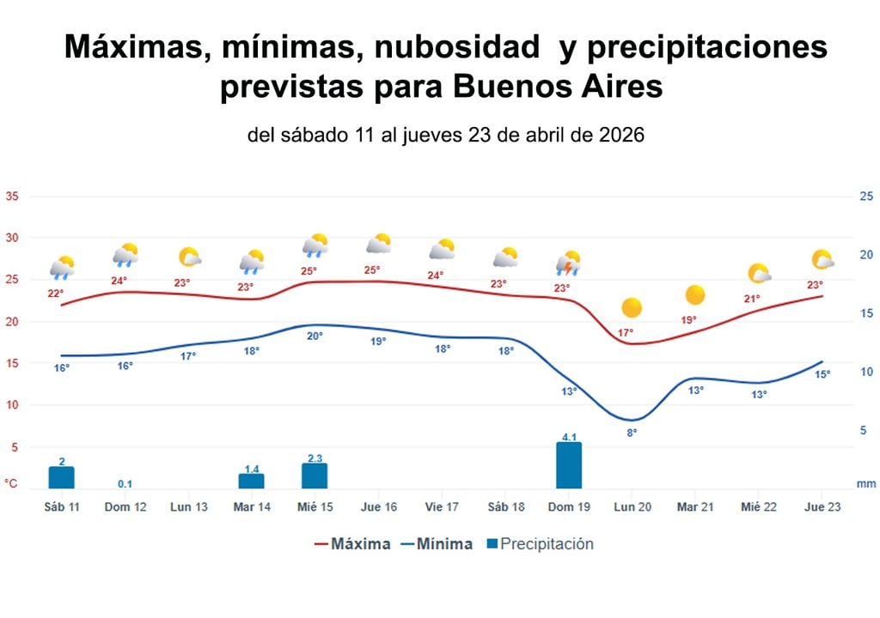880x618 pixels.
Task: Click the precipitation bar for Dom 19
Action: (x=568, y=465)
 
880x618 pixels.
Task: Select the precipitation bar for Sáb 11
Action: (x=62, y=478)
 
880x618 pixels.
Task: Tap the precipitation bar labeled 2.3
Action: (x=315, y=476)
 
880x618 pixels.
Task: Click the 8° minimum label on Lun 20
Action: (x=632, y=433)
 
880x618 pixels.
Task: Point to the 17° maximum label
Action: (x=626, y=333)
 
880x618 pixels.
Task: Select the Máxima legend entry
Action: (x=352, y=544)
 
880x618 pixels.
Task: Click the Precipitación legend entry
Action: (x=539, y=544)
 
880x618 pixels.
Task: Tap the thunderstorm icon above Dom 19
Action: (x=568, y=263)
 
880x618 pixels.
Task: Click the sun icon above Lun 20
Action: (x=632, y=307)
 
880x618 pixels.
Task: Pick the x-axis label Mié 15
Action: (x=315, y=507)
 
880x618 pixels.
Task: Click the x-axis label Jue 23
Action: (x=821, y=507)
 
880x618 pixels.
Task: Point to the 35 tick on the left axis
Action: (x=12, y=196)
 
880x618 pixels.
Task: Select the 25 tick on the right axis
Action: (x=866, y=196)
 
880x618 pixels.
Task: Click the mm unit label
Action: (x=865, y=484)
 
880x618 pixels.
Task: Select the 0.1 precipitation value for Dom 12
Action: (x=125, y=484)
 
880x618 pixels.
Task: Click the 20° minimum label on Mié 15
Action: (x=315, y=336)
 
